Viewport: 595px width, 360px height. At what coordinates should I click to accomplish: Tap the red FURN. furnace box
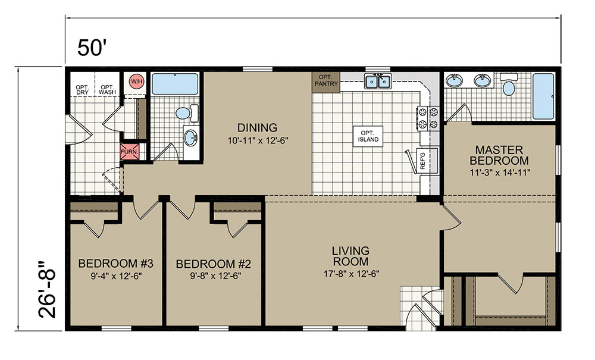click(x=129, y=151)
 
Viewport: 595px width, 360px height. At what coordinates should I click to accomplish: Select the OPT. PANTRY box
click(x=326, y=82)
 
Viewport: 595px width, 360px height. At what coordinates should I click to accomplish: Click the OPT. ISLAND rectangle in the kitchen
click(x=368, y=136)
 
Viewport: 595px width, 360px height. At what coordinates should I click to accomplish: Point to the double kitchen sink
click(x=378, y=81)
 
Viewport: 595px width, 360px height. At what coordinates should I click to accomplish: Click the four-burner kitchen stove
click(x=428, y=118)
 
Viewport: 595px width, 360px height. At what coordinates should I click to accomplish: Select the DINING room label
click(x=257, y=127)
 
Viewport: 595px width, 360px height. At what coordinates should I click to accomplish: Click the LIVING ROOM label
click(x=350, y=256)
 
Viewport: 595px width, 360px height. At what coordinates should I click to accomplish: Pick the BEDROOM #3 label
click(x=116, y=263)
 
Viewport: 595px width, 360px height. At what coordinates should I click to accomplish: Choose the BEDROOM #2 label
click(x=214, y=264)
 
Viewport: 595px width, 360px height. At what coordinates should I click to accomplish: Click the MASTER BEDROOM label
click(x=499, y=155)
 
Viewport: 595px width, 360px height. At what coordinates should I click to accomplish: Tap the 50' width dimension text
click(x=91, y=48)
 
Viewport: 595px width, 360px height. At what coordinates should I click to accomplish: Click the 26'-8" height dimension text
click(x=47, y=289)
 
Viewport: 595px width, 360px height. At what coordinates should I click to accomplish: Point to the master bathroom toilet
click(x=509, y=85)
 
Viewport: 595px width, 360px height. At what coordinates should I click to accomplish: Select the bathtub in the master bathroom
click(x=543, y=96)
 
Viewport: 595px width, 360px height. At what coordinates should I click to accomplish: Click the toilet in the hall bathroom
click(x=187, y=113)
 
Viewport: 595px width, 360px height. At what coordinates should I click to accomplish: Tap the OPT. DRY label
click(x=82, y=89)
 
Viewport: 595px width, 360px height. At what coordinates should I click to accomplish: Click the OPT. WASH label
click(x=107, y=89)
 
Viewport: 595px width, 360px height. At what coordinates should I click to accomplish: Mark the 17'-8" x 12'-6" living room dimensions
click(x=352, y=274)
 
